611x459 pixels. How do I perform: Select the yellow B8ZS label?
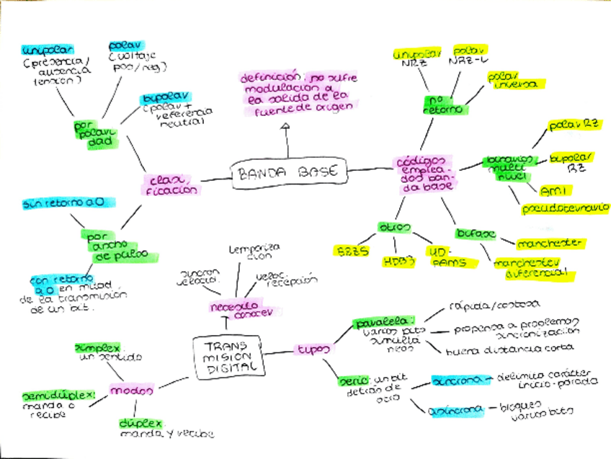point(352,251)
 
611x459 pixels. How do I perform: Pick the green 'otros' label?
point(394,228)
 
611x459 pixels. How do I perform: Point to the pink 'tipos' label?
point(314,349)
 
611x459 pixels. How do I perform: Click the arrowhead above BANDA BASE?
point(286,128)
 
